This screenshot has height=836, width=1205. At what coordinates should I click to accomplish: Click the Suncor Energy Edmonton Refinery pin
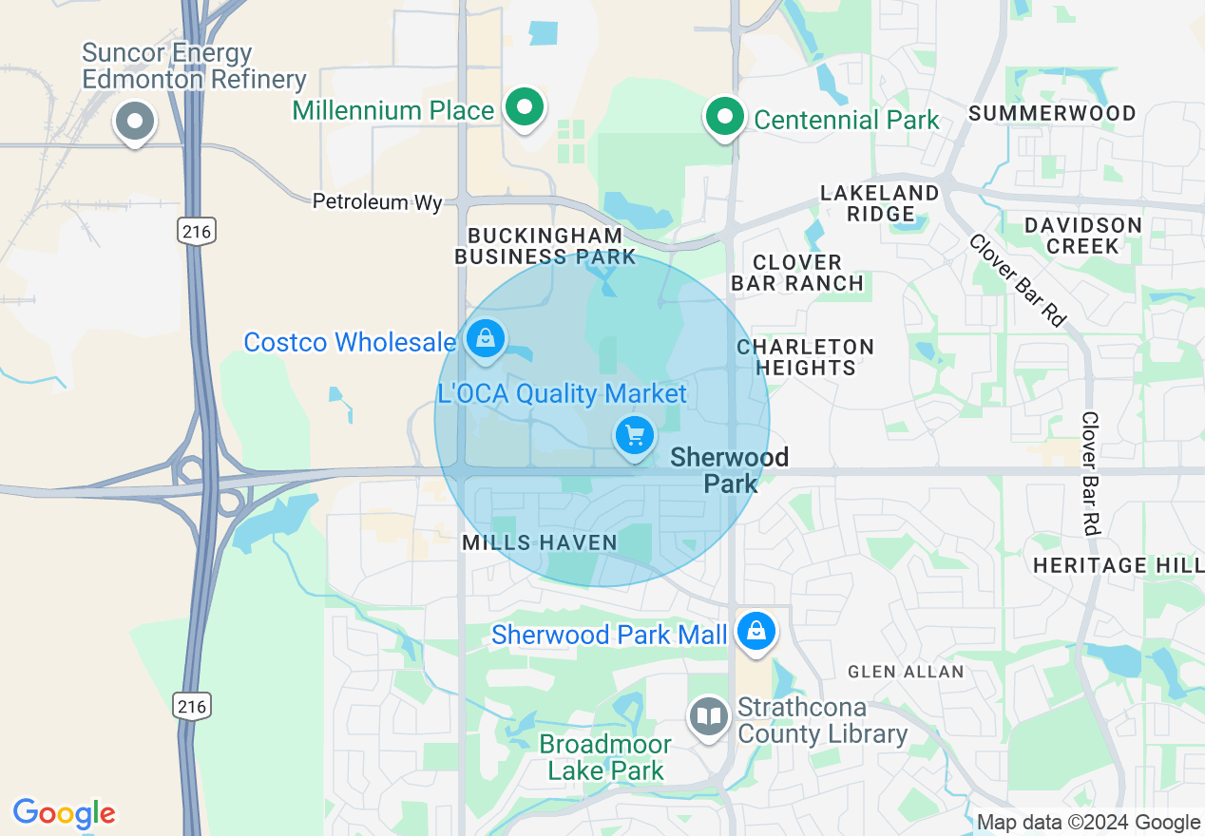[x=135, y=122]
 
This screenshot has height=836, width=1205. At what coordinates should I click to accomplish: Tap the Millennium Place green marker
[x=523, y=107]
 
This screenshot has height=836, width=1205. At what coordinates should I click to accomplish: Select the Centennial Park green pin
[x=726, y=118]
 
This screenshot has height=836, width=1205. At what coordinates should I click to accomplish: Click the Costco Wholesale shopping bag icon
[x=486, y=338]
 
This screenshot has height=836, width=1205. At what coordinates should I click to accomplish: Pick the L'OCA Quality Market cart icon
[x=635, y=436]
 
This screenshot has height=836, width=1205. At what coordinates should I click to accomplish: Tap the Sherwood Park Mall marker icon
[x=756, y=631]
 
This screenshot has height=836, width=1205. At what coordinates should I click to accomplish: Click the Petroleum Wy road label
[x=378, y=202]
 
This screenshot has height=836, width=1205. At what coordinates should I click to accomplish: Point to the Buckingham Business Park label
[x=545, y=246]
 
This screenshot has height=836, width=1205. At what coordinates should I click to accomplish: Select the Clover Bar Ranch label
[x=797, y=273]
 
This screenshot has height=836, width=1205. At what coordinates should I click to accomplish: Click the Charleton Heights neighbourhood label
[x=805, y=357]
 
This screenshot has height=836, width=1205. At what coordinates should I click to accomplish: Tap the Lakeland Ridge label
[x=880, y=203]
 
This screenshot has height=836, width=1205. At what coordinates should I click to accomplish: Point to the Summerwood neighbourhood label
[x=1052, y=114]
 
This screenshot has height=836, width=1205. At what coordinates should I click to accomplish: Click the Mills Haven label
[x=540, y=542]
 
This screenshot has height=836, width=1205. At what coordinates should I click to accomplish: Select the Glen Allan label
[x=906, y=672]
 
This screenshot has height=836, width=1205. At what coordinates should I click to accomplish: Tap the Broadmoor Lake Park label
[x=605, y=757]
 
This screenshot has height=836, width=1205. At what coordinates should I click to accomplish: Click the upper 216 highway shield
[x=195, y=230]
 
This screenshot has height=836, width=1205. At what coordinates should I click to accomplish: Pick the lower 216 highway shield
[x=192, y=705]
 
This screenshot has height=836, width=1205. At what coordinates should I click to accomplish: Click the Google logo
[x=64, y=814]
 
